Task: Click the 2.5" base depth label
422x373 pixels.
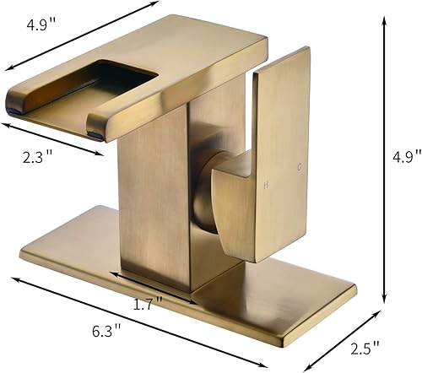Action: pyautogui.click(x=364, y=346)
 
